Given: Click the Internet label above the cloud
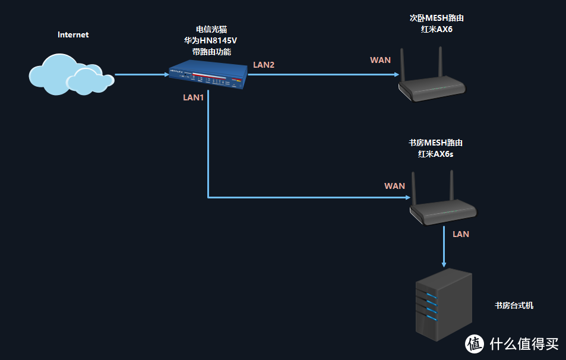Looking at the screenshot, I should [73, 34].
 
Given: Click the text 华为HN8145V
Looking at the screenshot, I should [211, 40].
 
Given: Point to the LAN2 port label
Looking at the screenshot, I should [264, 65].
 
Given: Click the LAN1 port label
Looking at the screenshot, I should [194, 97].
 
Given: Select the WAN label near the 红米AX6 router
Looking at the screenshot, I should [380, 60].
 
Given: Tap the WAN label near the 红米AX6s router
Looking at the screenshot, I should [394, 186].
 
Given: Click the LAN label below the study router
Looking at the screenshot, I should [461, 234].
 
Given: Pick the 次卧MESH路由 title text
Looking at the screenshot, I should [431, 18].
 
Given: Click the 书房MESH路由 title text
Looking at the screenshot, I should [435, 143].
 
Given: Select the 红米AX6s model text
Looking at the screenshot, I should [435, 154].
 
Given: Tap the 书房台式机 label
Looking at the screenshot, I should [514, 305].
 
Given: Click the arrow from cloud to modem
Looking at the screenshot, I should [141, 75].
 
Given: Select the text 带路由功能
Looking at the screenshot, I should [211, 52].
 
